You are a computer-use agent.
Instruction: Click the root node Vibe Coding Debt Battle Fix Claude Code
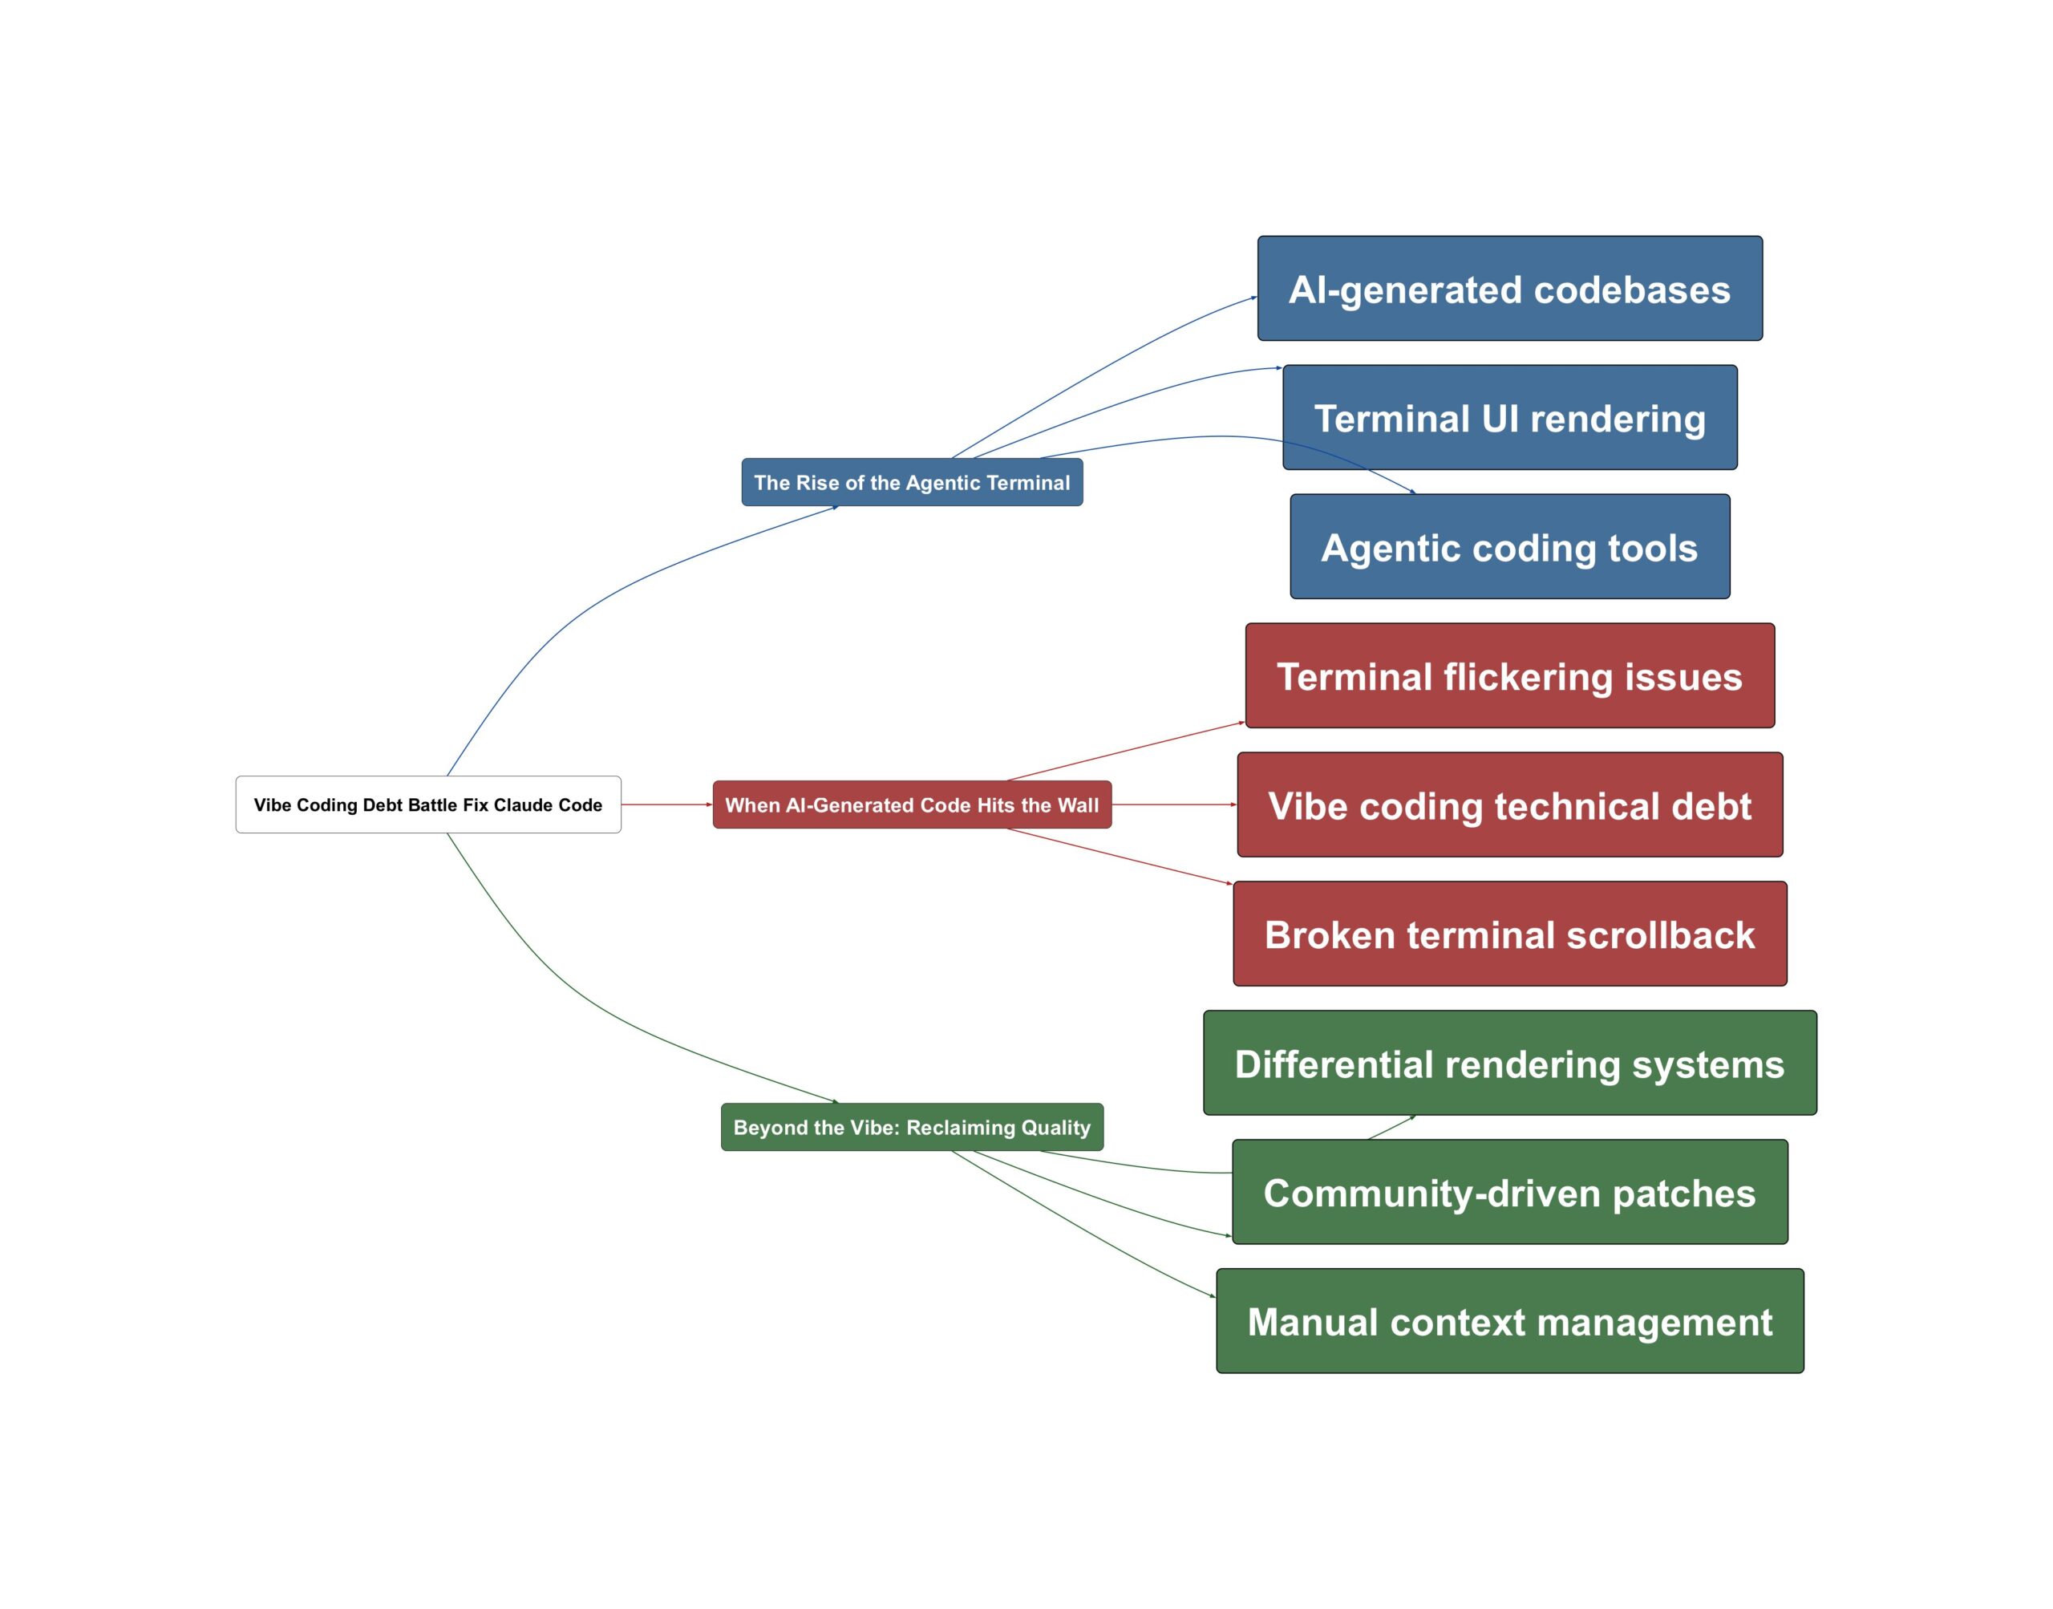[x=427, y=804]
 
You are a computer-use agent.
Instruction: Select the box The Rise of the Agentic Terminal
[x=912, y=482]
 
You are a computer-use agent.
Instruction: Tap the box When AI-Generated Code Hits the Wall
[x=912, y=804]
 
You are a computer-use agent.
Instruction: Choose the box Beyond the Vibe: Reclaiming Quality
[x=912, y=1127]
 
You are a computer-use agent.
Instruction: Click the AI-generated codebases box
[x=1509, y=288]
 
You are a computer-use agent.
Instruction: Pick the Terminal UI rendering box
[x=1509, y=417]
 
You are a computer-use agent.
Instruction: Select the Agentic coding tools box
[x=1509, y=546]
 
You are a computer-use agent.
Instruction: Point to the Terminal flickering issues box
[x=1509, y=675]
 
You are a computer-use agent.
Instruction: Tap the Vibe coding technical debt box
[x=1509, y=804]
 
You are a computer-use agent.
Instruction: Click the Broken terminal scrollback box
[x=1509, y=934]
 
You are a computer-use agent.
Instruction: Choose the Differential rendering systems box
[x=1509, y=1063]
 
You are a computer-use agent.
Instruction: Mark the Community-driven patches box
[x=1509, y=1192]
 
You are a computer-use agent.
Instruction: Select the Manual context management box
[x=1509, y=1321]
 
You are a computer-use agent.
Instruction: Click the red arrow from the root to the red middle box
[x=666, y=804]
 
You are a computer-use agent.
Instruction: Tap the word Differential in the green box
[x=1334, y=1064]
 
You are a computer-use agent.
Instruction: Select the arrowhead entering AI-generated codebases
[x=1253, y=298]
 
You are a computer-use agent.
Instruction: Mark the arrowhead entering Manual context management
[x=1212, y=1296]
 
